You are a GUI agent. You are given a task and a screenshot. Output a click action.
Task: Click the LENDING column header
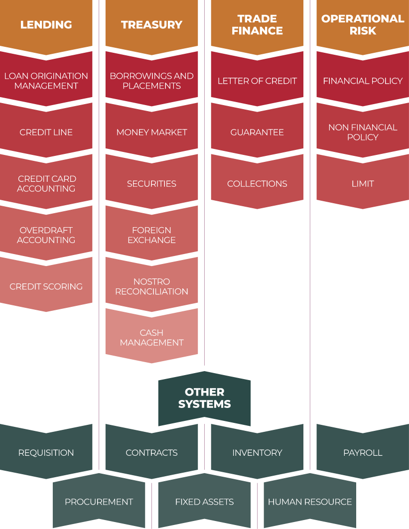coord(46,24)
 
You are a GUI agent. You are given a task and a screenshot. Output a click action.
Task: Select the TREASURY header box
coord(151,24)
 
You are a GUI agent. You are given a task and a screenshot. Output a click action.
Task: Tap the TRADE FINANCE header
coord(257,24)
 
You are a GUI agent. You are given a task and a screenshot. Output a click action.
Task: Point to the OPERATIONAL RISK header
coord(363,24)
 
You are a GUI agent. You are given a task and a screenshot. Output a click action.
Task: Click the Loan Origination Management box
coord(46,81)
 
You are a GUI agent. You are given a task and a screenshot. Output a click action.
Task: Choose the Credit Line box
coord(46,132)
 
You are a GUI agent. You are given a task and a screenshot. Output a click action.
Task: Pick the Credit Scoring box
coord(46,286)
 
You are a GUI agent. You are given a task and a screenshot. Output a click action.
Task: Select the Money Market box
coord(151,132)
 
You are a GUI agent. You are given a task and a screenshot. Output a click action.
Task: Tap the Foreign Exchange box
coord(151,235)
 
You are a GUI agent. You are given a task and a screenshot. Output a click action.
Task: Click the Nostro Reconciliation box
coord(151,286)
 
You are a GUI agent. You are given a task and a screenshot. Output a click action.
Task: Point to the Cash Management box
coord(151,338)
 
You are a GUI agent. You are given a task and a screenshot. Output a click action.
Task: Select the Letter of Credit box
coord(257,81)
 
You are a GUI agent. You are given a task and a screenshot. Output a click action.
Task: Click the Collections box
coord(257,184)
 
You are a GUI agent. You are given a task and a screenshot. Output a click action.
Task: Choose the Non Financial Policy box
coord(363,132)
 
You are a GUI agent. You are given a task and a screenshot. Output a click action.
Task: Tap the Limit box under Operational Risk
coord(363,184)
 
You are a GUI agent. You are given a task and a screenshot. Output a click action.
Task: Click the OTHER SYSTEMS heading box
coord(204,398)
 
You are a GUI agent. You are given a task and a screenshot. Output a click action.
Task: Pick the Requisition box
coord(46,453)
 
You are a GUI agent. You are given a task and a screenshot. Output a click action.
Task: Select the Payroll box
coord(363,453)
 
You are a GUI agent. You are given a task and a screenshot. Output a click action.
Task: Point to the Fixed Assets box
coord(204,502)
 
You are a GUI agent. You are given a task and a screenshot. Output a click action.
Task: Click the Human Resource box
coord(310,502)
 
